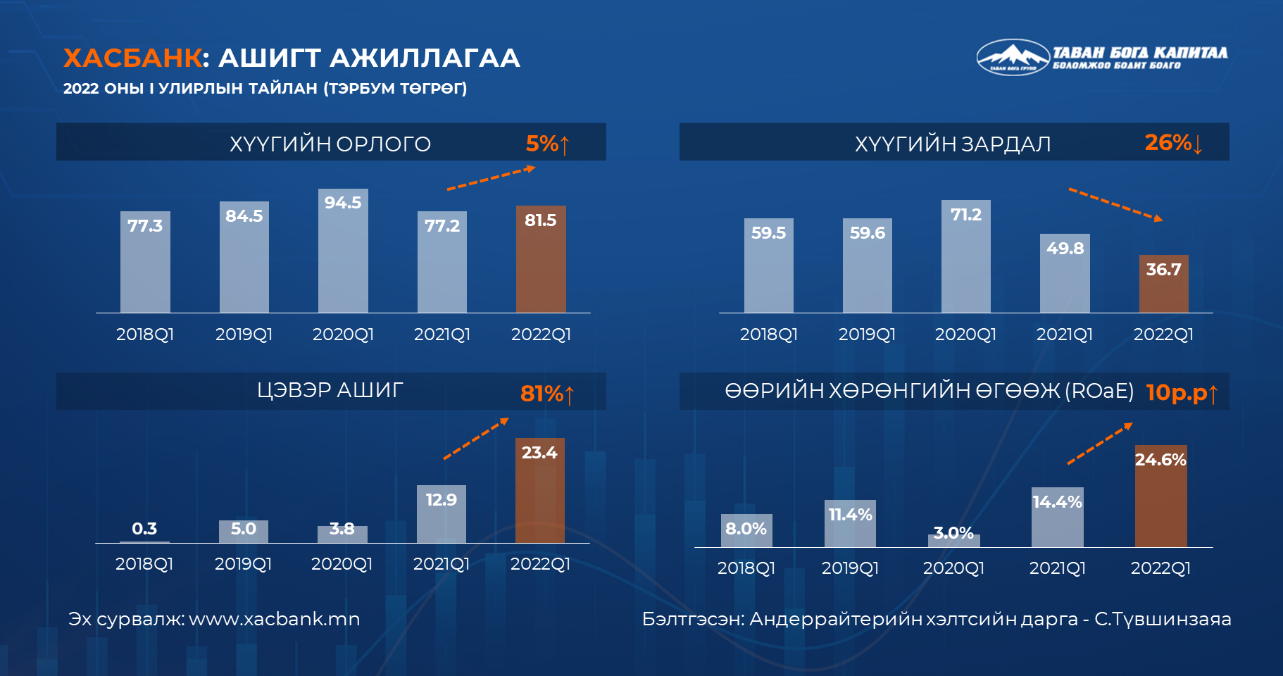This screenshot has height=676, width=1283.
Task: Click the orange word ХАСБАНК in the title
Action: click(x=132, y=58)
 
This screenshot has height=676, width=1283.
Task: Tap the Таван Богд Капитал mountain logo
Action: click(x=1013, y=56)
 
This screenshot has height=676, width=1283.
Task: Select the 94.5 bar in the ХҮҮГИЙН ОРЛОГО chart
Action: click(x=343, y=251)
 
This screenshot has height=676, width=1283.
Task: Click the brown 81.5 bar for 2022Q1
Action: click(x=541, y=259)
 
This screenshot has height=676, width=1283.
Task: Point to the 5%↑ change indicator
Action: click(x=547, y=144)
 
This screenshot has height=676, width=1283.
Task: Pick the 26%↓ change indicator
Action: click(x=1174, y=143)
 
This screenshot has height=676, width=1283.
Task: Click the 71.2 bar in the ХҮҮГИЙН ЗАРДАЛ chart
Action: click(x=966, y=256)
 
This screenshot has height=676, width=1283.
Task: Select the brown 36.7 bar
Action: click(x=1164, y=284)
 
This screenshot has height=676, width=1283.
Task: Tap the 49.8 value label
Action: click(x=1065, y=248)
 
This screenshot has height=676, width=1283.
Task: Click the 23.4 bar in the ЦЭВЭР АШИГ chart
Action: click(x=540, y=491)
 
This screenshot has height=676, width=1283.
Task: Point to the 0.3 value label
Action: click(x=144, y=528)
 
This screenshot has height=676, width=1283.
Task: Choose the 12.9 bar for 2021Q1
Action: click(x=442, y=514)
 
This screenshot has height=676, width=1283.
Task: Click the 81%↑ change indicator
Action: click(x=548, y=394)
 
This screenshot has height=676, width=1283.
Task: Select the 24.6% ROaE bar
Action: click(x=1161, y=496)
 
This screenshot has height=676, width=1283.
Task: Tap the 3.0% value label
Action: click(x=953, y=532)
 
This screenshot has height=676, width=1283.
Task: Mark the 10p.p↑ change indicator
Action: click(x=1182, y=392)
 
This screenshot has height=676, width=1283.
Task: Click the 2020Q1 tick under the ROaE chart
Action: click(x=953, y=568)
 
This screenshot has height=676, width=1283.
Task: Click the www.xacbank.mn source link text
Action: click(x=275, y=619)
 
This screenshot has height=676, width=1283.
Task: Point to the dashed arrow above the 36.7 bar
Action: click(x=1116, y=205)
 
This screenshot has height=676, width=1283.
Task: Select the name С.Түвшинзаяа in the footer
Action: click(x=1163, y=619)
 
